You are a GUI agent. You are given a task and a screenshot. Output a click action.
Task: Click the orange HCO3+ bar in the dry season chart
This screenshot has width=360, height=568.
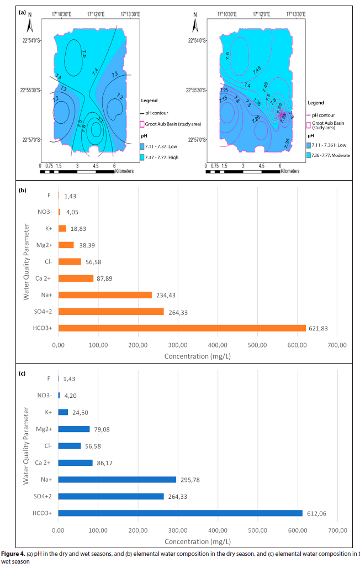pos(182,328)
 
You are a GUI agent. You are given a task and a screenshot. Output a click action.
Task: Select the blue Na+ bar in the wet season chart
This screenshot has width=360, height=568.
pos(117,480)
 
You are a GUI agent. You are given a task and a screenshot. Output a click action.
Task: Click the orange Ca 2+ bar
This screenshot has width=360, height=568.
pos(76,278)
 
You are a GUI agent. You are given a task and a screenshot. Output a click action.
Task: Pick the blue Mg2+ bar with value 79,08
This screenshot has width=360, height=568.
pos(74,429)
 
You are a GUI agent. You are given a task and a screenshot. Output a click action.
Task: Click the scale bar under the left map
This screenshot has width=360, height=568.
pos(77,171)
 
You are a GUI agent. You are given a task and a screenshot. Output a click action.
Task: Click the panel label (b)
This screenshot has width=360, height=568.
pos(23,190)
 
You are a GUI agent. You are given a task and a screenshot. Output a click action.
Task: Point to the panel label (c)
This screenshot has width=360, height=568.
pos(23,374)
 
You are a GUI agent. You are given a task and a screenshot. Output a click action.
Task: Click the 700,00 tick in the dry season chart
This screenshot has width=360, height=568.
pos(337,345)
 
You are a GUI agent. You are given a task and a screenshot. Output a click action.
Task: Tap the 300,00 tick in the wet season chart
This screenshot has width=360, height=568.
pos(178,530)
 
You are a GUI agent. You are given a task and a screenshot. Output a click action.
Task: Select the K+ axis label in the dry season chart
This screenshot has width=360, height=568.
pos(48,228)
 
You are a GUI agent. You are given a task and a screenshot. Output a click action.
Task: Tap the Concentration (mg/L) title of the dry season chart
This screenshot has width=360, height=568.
pos(198,356)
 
